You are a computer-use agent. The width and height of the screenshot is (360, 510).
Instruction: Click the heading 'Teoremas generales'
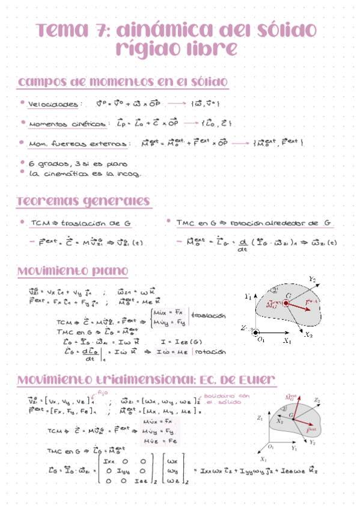tap(84, 200)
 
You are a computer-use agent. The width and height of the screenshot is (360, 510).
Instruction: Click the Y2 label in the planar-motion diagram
tap(312, 279)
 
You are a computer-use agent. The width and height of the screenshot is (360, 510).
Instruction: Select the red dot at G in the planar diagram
tap(285, 304)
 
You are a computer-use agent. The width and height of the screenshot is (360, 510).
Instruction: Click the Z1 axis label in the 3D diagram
tap(259, 417)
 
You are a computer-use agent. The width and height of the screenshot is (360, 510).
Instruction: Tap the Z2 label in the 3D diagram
tap(317, 400)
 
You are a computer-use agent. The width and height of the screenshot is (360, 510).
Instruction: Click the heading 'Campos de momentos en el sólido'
tap(123, 81)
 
